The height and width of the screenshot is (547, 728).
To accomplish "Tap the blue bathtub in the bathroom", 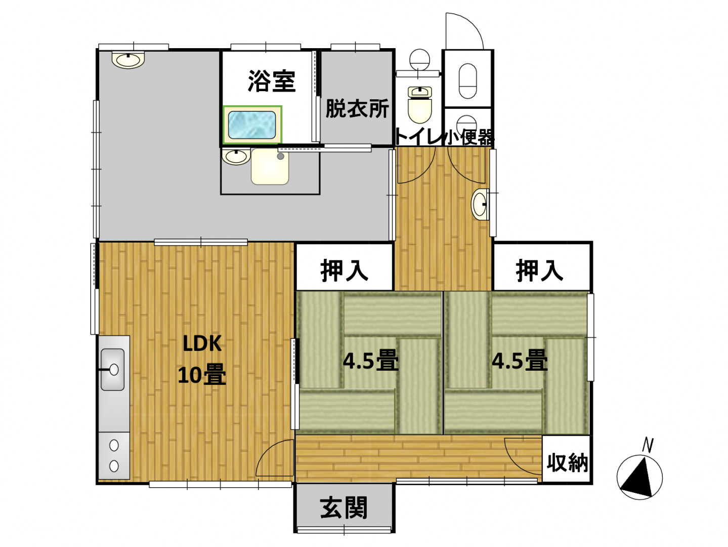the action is click(x=252, y=125).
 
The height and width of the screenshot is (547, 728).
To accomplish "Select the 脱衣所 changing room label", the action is click(x=357, y=108).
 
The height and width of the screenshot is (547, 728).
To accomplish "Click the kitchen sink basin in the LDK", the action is click(x=112, y=369).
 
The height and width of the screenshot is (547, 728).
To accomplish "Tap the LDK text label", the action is click(x=202, y=343).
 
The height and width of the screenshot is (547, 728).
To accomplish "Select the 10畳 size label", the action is click(x=202, y=374).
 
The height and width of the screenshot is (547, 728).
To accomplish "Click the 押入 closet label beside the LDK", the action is click(x=344, y=270).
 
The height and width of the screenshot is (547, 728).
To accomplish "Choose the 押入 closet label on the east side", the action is click(x=539, y=270).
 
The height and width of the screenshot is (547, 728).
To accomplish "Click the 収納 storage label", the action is click(x=567, y=462).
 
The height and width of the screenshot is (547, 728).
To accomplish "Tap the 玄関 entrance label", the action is click(x=344, y=507).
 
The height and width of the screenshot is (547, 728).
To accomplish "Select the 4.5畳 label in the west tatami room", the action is click(x=370, y=361).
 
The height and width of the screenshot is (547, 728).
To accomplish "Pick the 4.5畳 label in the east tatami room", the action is click(x=519, y=361).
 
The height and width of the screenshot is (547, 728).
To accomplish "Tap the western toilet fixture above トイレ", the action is click(x=419, y=104).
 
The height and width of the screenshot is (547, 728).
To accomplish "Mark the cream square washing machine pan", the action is click(x=270, y=166).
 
